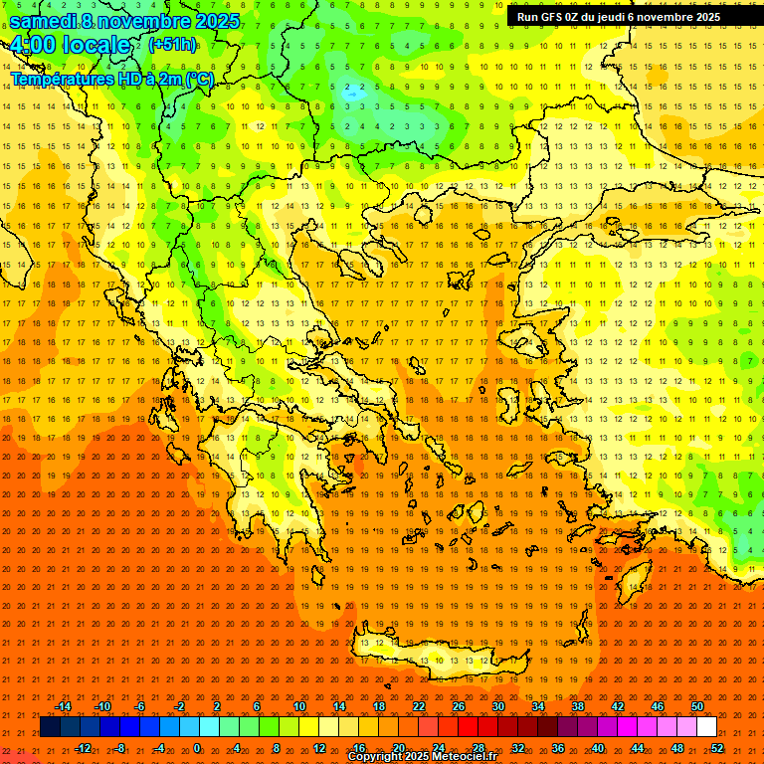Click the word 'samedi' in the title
46,21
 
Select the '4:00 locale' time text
71,46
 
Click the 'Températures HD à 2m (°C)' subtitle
112,79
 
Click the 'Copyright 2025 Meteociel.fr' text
422,757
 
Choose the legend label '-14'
63,706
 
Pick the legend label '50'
697,706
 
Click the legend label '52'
717,748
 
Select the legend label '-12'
83,748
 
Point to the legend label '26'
459,706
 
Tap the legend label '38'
578,706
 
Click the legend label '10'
299,706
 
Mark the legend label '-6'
140,706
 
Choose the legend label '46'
658,706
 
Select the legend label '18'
379,706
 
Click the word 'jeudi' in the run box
616,17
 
